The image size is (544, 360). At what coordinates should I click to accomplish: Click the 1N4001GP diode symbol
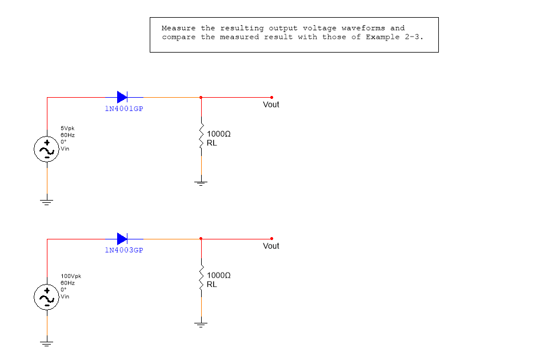[x=122, y=97]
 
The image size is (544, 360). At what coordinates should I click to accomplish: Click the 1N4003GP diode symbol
[x=122, y=239]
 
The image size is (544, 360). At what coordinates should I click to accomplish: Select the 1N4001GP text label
[x=124, y=109]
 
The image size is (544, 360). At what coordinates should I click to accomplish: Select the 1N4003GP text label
[x=124, y=250]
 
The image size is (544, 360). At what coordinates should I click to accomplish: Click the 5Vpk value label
[x=67, y=128]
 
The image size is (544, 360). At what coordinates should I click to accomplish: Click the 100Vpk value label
[x=71, y=276]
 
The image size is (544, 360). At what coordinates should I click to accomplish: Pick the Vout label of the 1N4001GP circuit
[x=271, y=105]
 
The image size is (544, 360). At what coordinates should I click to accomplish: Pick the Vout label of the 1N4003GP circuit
[x=271, y=246]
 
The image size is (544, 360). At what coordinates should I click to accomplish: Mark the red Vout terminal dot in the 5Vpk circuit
[x=271, y=97]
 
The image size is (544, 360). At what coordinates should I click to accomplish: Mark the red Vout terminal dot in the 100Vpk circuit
[x=271, y=239]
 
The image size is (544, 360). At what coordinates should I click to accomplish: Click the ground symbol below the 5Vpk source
[x=47, y=202]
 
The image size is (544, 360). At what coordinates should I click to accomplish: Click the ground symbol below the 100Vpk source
[x=47, y=343]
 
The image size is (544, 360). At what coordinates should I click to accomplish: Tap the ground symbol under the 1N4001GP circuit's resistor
[x=201, y=183]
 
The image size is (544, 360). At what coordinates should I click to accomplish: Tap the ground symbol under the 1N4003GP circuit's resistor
[x=201, y=325]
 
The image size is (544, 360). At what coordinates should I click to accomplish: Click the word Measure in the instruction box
[x=178, y=28]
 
